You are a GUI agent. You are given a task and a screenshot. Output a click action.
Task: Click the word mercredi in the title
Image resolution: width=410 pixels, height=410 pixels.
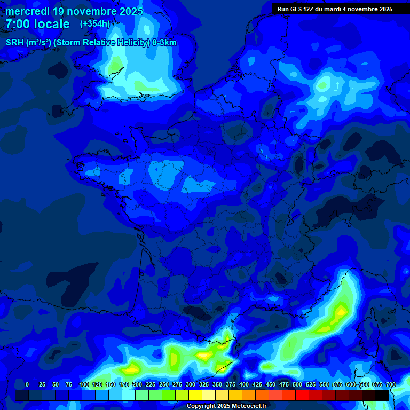(27, 11)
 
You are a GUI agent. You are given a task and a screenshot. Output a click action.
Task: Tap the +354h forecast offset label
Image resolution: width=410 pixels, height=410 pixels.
(95, 24)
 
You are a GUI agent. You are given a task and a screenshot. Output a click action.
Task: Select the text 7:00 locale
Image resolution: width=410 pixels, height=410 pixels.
(37, 24)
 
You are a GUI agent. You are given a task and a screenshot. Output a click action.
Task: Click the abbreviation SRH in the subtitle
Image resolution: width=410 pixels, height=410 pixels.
(15, 43)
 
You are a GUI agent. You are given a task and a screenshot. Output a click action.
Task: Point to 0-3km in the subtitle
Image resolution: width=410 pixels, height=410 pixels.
(164, 43)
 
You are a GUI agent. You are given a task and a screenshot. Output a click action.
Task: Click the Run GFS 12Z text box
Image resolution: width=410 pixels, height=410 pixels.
(335, 9)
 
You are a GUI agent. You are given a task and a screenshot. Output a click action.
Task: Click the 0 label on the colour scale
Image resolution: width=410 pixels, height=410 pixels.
(27, 384)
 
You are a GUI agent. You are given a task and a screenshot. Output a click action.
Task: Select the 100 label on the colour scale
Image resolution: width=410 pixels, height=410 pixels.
(84, 384)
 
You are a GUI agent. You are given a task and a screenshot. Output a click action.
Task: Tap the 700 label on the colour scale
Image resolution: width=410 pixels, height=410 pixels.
(390, 384)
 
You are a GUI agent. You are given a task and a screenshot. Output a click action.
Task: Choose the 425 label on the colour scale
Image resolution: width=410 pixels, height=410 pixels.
(257, 384)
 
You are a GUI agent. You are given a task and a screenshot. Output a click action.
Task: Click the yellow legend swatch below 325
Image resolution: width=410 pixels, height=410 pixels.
(195, 396)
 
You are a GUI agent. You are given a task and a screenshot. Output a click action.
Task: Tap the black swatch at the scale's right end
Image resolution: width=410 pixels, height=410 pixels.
(382, 396)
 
